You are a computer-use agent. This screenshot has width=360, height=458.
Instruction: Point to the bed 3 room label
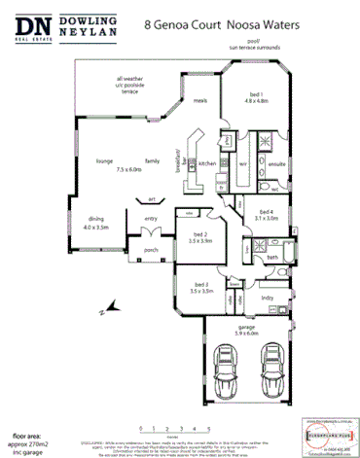tap(200, 286)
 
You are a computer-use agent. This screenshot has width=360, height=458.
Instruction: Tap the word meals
tap(199, 100)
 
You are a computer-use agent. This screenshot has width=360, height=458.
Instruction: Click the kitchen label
tap(207, 163)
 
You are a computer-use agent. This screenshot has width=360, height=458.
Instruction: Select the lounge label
tap(104, 160)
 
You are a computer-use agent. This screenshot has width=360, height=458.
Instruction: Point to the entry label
tap(151, 219)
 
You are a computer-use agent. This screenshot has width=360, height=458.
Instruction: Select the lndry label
tap(267, 298)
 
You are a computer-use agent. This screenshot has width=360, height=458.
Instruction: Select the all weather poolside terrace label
tap(134, 85)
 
